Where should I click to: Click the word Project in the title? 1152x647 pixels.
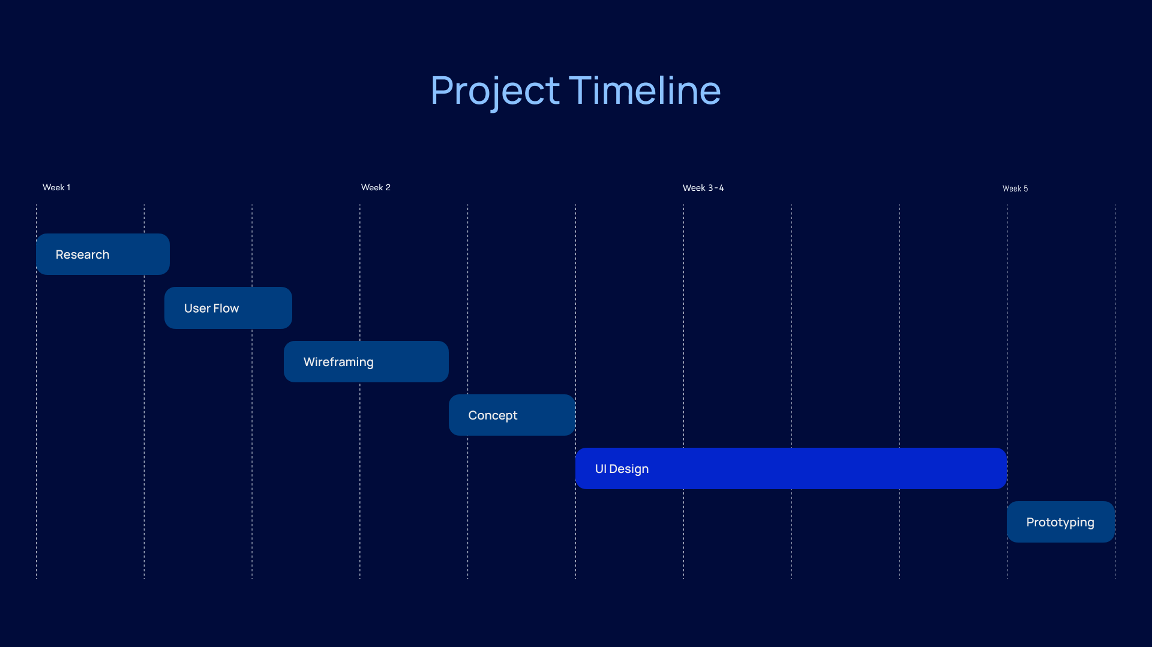click(x=495, y=91)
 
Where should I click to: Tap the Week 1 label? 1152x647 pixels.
click(x=56, y=187)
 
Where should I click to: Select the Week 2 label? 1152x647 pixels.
click(x=376, y=187)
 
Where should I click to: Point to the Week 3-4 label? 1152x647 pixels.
click(x=703, y=188)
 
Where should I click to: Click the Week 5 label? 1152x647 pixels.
click(x=1015, y=188)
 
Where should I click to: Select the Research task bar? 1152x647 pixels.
click(x=103, y=254)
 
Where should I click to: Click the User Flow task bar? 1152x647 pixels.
click(x=228, y=308)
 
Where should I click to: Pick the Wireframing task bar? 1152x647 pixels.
click(x=366, y=361)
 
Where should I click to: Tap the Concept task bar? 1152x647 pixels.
click(x=512, y=415)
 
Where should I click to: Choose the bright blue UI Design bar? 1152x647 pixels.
click(x=791, y=468)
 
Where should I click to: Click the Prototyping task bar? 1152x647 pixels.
click(x=1061, y=522)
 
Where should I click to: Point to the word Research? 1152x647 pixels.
click(x=83, y=254)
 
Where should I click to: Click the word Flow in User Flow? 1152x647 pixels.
click(x=226, y=308)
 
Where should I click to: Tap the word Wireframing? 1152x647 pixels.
click(x=338, y=363)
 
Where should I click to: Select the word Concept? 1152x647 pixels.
click(x=493, y=416)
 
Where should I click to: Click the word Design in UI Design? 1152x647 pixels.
click(x=629, y=469)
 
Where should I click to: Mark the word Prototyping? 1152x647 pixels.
click(x=1060, y=523)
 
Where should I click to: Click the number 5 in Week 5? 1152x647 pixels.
click(x=1026, y=188)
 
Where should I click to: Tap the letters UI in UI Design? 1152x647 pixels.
click(x=601, y=469)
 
